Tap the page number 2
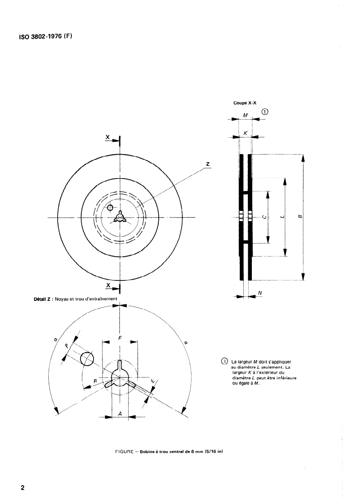pos(23,488)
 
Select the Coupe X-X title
pos(245,103)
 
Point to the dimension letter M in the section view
pos(245,115)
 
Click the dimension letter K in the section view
pos(245,132)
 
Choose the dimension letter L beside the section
pos(282,217)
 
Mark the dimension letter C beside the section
pos(264,217)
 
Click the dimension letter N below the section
pos(260,292)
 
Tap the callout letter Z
pos(208,164)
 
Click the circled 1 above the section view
pos(265,112)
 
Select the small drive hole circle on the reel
pos(110,207)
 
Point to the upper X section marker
pos(108,137)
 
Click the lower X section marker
pos(108,285)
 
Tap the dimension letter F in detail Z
pos(120,338)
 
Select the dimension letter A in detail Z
pos(120,414)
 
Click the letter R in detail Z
pos(95,381)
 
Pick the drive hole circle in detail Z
pos(87,358)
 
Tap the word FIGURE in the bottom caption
pos(124,452)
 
